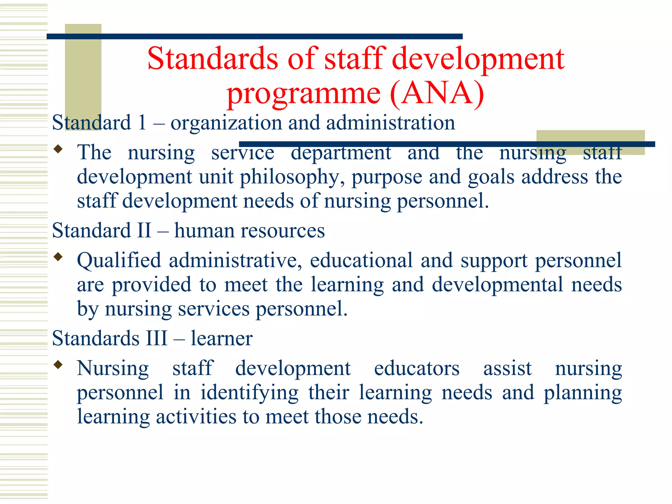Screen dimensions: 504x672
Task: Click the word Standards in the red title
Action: (x=213, y=59)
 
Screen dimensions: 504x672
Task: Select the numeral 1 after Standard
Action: (x=142, y=123)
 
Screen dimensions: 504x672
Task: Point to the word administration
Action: (x=390, y=123)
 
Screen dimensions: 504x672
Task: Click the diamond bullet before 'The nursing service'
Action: (x=58, y=149)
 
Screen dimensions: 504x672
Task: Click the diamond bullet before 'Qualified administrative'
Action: (x=58, y=257)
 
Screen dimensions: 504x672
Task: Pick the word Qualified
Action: (x=119, y=261)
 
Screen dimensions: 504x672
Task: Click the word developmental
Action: (x=497, y=284)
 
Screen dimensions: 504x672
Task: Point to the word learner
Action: (x=221, y=338)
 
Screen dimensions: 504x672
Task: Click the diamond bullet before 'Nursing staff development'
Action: (x=58, y=365)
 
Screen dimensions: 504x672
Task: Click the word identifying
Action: (x=249, y=393)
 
